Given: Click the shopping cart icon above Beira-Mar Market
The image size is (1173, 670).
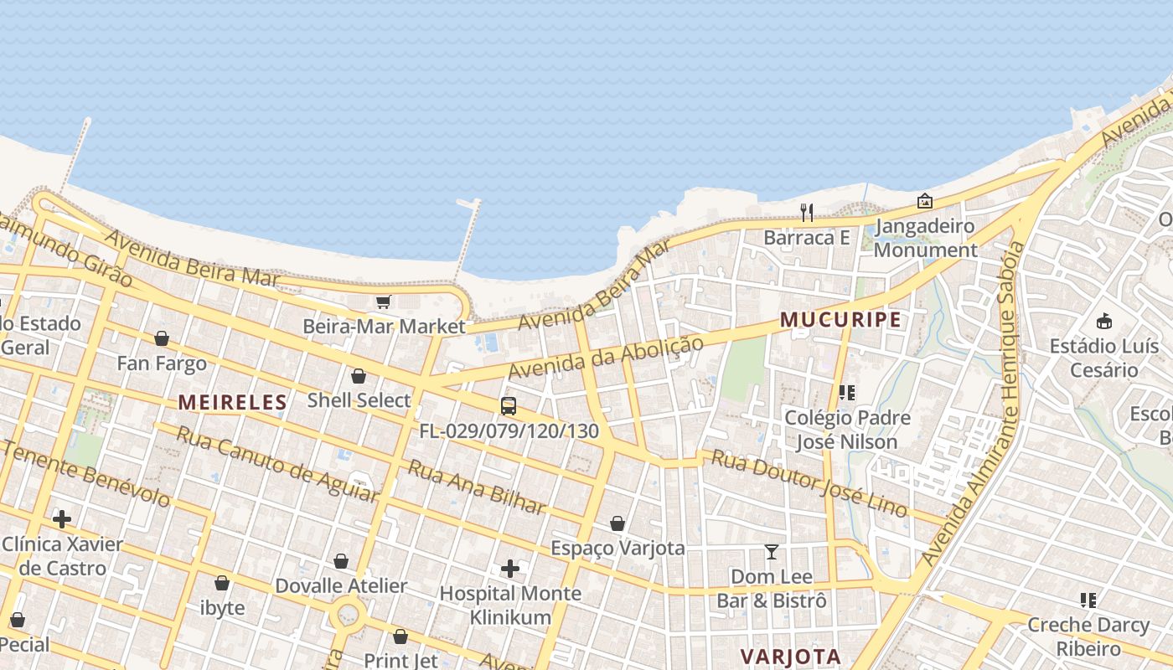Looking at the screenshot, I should (383, 301).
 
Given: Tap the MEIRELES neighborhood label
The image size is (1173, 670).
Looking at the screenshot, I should (232, 403).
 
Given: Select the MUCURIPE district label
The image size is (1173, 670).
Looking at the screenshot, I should (840, 320).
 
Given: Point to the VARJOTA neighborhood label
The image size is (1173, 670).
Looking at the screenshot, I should (790, 657).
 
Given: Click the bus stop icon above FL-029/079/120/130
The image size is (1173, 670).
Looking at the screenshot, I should (508, 406).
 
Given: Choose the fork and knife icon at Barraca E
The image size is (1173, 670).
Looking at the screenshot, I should (807, 213).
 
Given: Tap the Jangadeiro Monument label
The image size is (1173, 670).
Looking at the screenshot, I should (925, 238).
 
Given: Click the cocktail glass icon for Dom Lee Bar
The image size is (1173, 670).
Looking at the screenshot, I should (771, 552).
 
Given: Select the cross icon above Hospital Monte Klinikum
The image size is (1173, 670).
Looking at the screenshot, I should (509, 569).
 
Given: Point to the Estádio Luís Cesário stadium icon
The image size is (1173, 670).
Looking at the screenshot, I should (1104, 321).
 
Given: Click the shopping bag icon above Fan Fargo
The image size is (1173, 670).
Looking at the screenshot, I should (161, 338).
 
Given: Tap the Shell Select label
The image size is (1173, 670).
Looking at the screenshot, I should (359, 400).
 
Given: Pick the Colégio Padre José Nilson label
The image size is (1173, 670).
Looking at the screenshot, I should (846, 430).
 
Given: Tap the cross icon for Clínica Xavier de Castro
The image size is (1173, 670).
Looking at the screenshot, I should (61, 519).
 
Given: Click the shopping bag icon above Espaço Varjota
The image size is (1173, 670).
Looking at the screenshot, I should (618, 523).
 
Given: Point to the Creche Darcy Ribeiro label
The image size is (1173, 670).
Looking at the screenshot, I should (1088, 636).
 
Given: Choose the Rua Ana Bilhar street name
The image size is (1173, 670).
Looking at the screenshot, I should (476, 487).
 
